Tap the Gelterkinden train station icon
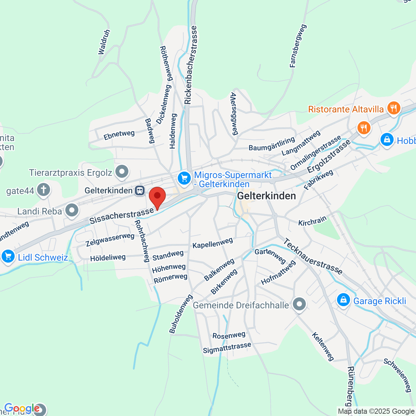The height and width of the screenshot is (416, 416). pos(140,190)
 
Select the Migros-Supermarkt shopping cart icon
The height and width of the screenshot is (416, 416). pos(184,178)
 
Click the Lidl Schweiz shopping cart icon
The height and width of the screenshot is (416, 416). pos(8,256)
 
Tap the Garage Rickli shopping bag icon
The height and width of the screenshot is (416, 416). pos(343,300)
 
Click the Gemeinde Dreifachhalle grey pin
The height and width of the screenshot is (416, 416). pos(299,305)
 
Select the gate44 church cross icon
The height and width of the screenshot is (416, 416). pos(44,189)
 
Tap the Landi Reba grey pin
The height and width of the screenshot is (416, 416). pos(71,210)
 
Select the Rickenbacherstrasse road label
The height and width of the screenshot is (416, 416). pos(190,65)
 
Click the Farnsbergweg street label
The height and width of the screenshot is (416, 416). pos(298,46)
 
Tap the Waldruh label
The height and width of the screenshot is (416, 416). pos(104,42)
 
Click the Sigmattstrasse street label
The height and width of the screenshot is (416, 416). pos(227,348)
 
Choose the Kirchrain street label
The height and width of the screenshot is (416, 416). pos(312,221)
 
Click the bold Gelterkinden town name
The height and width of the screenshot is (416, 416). pos(266,196)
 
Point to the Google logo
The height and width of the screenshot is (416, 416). pos(22,408)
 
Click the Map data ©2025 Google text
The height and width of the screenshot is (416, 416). pos(376,411)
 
